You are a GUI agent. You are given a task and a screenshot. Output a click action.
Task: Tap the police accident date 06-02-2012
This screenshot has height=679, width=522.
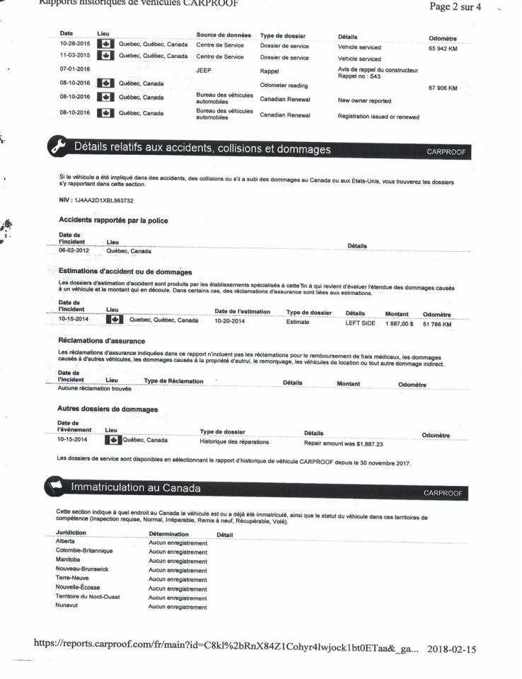(73, 250)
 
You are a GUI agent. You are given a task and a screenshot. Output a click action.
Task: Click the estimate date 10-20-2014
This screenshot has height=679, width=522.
(229, 320)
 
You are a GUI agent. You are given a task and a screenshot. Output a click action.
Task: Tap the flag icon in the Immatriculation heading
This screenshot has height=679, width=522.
(57, 488)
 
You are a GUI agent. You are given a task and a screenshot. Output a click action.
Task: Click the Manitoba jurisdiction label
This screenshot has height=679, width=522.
(69, 559)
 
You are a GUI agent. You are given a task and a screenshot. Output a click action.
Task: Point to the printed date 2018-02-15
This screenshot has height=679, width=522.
(451, 649)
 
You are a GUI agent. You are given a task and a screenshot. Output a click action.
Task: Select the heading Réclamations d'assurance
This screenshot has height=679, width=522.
(102, 341)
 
